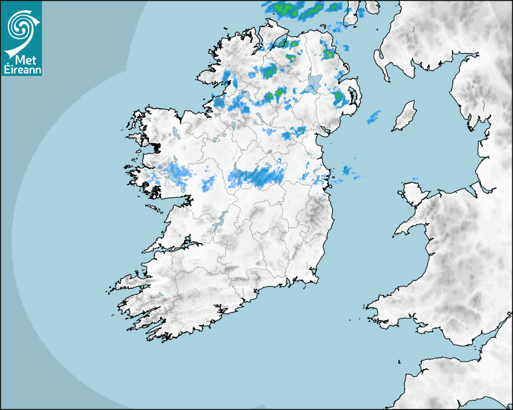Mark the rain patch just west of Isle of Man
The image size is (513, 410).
pyautogui.click(x=374, y=117)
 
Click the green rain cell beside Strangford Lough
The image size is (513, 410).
pyautogui.click(x=340, y=96)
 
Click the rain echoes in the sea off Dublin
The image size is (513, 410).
pyautogui.click(x=347, y=172)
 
